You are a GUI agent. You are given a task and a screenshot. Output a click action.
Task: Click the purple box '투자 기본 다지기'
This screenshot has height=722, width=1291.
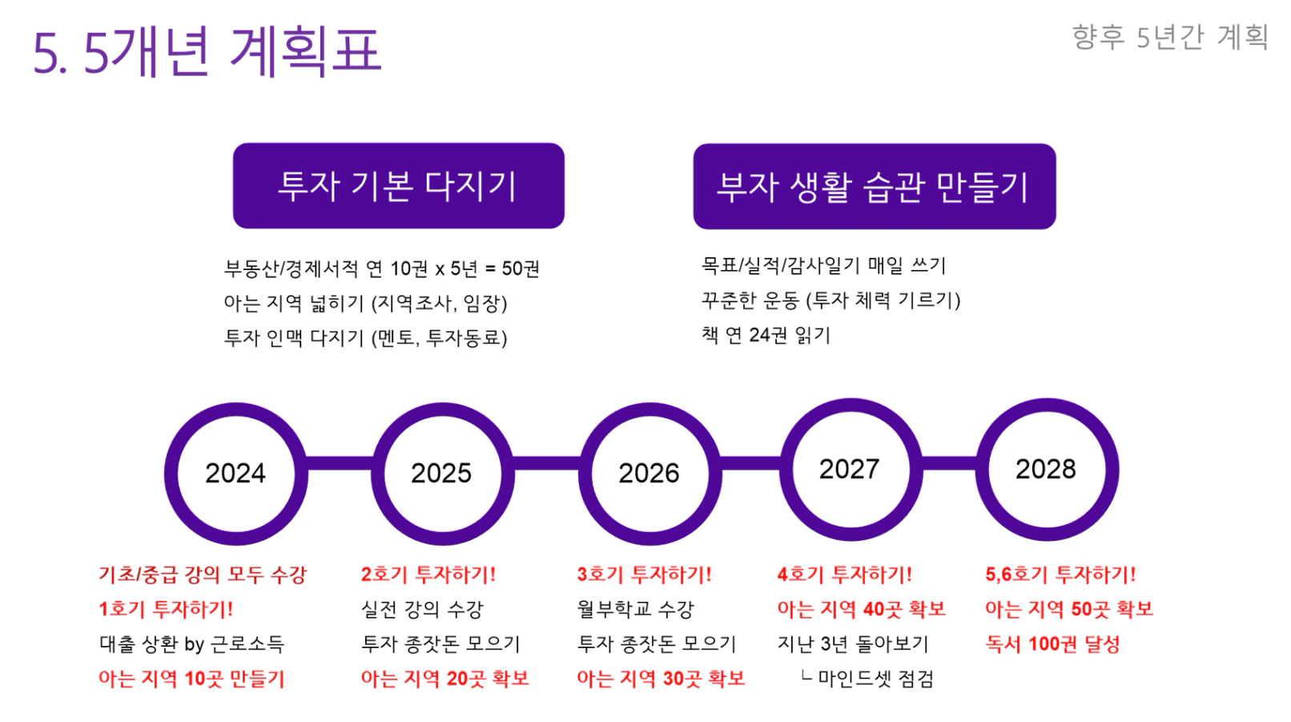point(398,186)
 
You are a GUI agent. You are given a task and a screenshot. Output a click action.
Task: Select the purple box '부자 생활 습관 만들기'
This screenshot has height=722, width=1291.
point(875,186)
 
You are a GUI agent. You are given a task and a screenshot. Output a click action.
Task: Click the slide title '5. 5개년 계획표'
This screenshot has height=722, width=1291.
point(207,50)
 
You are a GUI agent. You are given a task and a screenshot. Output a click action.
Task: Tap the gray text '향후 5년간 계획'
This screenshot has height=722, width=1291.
point(1170,37)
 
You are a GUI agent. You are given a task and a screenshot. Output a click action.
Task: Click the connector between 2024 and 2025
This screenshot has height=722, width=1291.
point(340,463)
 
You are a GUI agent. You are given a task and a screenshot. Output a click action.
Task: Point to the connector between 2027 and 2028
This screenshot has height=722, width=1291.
point(949,463)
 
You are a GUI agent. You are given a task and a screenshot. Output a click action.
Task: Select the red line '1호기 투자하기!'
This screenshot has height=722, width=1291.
point(166,609)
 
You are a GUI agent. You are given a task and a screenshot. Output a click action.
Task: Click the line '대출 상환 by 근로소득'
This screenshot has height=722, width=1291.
point(192,643)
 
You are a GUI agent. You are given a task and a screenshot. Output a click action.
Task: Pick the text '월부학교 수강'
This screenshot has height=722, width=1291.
point(635,609)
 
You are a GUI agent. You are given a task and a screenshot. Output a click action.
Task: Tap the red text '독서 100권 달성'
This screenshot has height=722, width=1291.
point(1052,643)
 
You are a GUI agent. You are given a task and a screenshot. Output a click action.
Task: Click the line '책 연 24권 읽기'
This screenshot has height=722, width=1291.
point(766,334)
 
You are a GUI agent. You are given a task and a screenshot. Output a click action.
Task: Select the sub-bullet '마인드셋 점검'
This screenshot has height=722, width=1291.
point(875,678)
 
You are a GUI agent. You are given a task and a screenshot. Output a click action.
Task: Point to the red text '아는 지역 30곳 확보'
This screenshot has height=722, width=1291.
point(661,678)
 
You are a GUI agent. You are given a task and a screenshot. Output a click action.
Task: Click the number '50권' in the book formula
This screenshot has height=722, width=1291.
point(521,268)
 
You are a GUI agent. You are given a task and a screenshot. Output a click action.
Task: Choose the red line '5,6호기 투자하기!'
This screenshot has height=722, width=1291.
point(1060,575)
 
